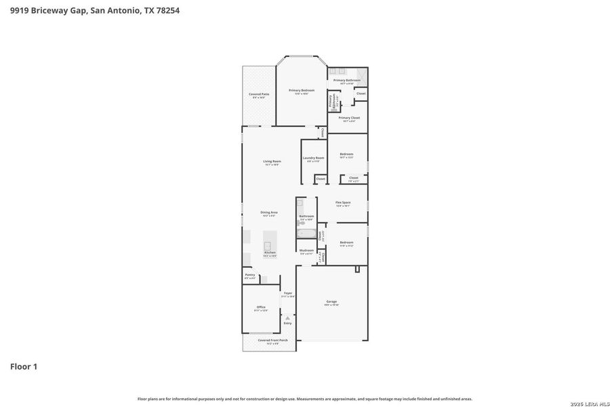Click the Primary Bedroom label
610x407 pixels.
pyautogui.click(x=302, y=90)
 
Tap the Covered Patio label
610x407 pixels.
pyautogui.click(x=259, y=94)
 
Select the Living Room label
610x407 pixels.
pyautogui.click(x=272, y=161)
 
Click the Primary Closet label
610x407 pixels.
pyautogui.click(x=349, y=118)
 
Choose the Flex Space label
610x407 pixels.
pyautogui.click(x=343, y=203)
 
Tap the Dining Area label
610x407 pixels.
pyautogui.click(x=269, y=212)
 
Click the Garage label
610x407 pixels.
pyautogui.click(x=331, y=302)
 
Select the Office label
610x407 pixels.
pyautogui.click(x=261, y=307)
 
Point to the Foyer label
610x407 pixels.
pyautogui.click(x=288, y=293)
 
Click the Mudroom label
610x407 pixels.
pyautogui.click(x=306, y=250)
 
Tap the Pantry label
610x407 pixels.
pyautogui.click(x=250, y=275)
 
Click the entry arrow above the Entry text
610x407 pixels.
pyautogui.click(x=287, y=317)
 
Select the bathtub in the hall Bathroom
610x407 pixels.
pyautogui.click(x=306, y=234)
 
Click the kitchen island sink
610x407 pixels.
pyautogui.click(x=268, y=245)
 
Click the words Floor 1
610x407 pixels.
pyautogui.click(x=24, y=367)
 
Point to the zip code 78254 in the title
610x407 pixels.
pyautogui.click(x=166, y=10)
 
